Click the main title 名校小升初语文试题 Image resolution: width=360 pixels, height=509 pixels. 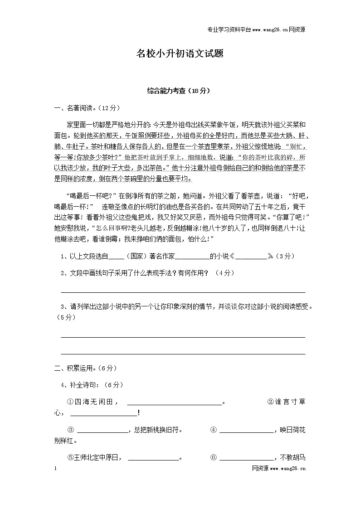(x=180, y=54)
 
